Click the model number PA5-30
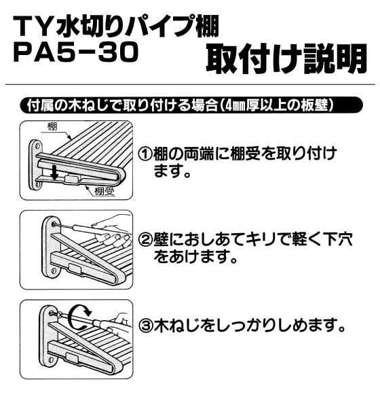76,52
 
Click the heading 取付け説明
286,59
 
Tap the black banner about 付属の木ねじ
191,105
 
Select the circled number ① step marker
145,154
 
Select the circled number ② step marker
145,240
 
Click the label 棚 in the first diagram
52,126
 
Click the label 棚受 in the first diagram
104,191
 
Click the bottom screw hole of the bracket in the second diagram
54,271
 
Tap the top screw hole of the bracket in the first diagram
37,145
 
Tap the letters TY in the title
33,26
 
